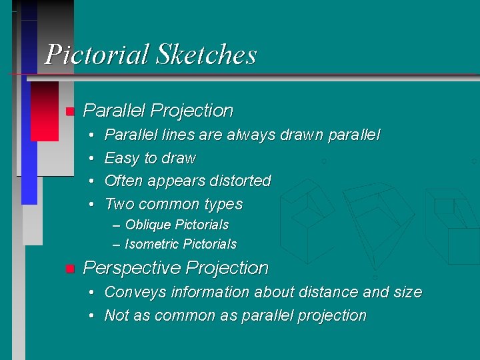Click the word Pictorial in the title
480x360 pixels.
[97, 54]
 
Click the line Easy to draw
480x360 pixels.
[150, 158]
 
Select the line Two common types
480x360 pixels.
[173, 204]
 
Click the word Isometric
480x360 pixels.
[151, 244]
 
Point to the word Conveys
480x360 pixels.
[131, 292]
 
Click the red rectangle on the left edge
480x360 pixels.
[45, 111]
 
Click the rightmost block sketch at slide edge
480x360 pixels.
[453, 223]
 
